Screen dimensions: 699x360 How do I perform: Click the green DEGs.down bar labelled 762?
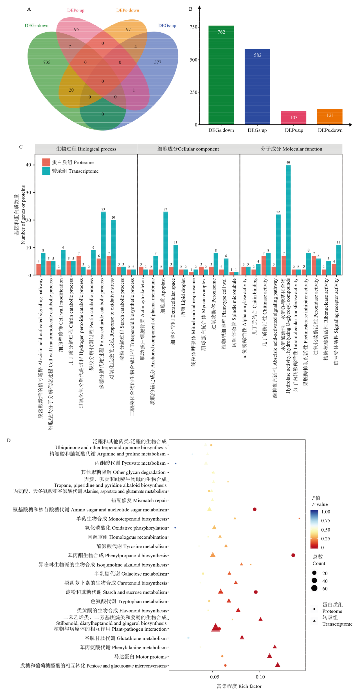tap(221, 75)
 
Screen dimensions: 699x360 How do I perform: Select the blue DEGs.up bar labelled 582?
tap(257, 87)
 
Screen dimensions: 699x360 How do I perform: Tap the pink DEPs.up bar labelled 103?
tap(294, 118)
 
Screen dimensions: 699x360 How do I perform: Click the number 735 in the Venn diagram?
tap(47, 62)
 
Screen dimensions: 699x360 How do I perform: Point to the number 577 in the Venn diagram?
tap(158, 62)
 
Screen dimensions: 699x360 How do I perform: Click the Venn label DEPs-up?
tap(76, 10)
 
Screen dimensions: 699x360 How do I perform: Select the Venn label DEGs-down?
tap(36, 26)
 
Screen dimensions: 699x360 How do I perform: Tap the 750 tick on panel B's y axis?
tap(194, 27)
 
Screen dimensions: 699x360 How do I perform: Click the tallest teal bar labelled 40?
tap(288, 220)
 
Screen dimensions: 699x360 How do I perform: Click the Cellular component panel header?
tap(188, 149)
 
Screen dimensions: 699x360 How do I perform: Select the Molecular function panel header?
tap(291, 149)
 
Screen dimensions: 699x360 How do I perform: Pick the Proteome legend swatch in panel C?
tap(46, 162)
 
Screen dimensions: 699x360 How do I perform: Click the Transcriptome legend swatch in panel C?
tap(46, 171)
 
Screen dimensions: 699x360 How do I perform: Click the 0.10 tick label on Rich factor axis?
tap(260, 677)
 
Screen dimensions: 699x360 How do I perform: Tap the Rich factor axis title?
tap(239, 686)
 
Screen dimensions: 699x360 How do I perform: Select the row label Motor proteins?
tap(140, 657)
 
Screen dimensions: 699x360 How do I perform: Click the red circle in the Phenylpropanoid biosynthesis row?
tap(293, 555)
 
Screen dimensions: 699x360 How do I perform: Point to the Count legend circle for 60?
tap(314, 588)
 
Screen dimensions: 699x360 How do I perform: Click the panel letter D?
tap(9, 440)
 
